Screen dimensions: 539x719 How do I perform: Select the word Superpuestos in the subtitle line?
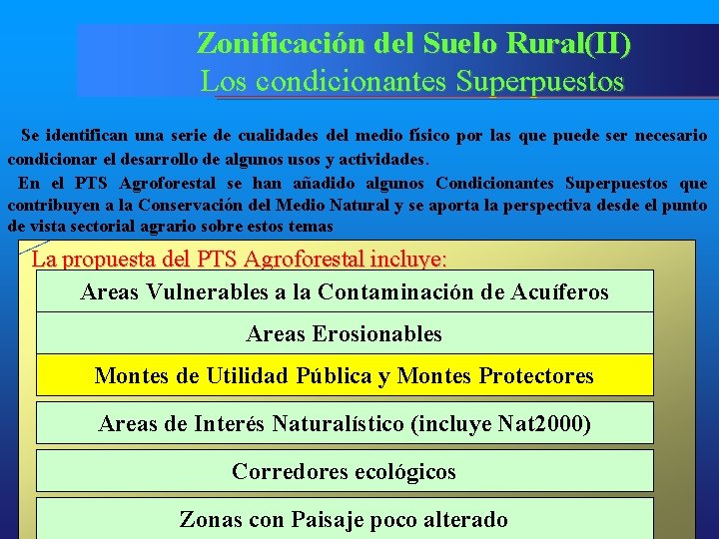pos(539,81)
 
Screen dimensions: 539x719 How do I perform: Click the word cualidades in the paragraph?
pos(268,135)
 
